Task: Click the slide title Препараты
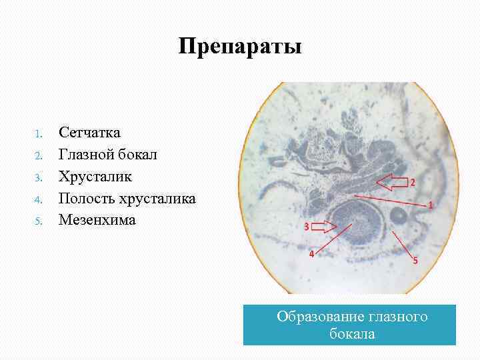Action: point(240,47)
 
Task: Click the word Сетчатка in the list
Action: point(89,133)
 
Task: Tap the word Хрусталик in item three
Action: point(95,177)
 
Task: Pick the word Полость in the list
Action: point(86,198)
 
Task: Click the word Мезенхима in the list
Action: point(97,219)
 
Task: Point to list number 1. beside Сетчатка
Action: point(39,133)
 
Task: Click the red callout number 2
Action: point(412,182)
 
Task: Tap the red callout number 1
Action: point(430,206)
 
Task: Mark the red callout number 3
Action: point(306,227)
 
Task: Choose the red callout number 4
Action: point(310,255)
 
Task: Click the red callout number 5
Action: point(415,261)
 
